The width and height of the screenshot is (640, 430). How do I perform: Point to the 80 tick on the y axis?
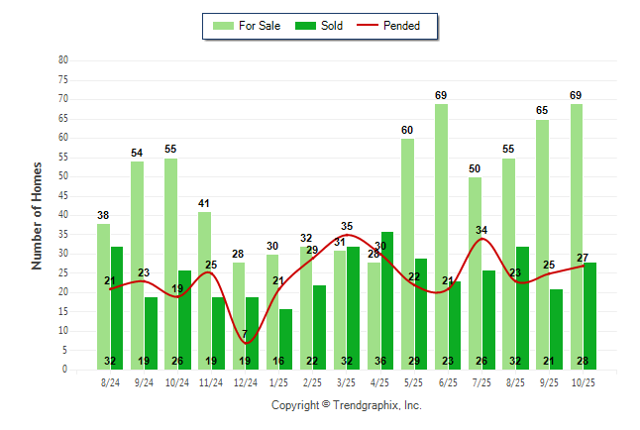tap(63, 59)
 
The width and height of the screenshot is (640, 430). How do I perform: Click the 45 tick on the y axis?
tap(63, 195)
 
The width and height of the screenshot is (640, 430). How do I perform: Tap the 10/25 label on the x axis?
tap(583, 381)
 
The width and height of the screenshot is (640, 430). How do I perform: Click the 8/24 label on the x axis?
tap(110, 381)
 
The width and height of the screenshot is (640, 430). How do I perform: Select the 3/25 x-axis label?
tap(347, 381)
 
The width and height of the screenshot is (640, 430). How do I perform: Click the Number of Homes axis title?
tap(38, 215)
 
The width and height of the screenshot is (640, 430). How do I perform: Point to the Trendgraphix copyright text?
tap(347, 405)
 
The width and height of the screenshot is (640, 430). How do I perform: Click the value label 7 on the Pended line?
tap(245, 333)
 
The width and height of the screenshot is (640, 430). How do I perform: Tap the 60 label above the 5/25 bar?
tap(407, 130)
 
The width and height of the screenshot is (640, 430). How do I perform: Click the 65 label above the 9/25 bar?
tap(542, 111)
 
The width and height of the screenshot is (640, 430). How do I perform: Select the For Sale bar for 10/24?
tap(170, 263)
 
